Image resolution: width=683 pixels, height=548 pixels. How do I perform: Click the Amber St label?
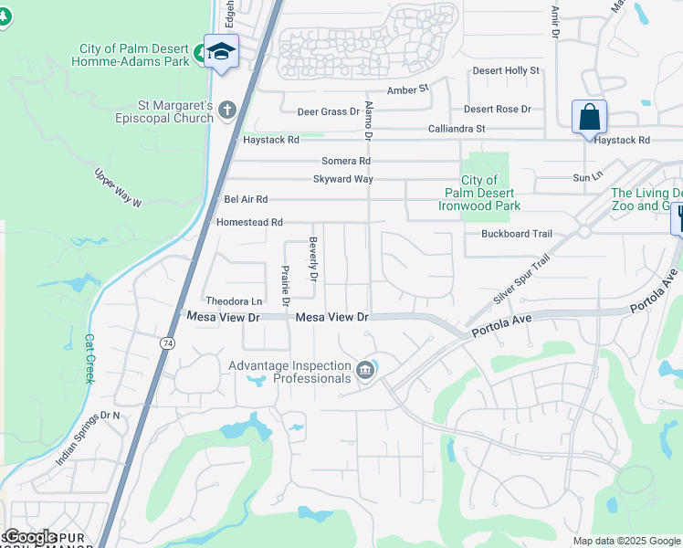(x=407, y=90)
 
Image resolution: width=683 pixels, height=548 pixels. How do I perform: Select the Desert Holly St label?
(x=506, y=70)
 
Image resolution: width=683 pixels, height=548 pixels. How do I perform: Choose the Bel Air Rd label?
(x=246, y=199)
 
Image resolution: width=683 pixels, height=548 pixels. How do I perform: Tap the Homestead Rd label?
(x=249, y=222)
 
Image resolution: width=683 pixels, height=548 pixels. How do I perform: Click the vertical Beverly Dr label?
(x=312, y=258)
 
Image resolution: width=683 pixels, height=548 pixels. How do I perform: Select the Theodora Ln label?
(x=234, y=301)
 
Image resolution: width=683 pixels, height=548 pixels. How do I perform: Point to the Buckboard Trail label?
(x=517, y=234)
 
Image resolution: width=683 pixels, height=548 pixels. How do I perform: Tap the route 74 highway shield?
(x=166, y=343)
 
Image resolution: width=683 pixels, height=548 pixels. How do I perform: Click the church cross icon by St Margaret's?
(x=226, y=111)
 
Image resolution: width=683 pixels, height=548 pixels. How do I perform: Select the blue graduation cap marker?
(x=220, y=52)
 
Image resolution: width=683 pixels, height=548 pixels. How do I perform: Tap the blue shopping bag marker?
(x=589, y=118)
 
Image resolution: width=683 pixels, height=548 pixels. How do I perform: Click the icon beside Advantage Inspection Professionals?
(x=365, y=370)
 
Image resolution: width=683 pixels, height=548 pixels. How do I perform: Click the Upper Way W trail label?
(x=119, y=187)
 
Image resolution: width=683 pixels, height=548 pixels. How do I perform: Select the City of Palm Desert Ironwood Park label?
(x=479, y=193)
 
